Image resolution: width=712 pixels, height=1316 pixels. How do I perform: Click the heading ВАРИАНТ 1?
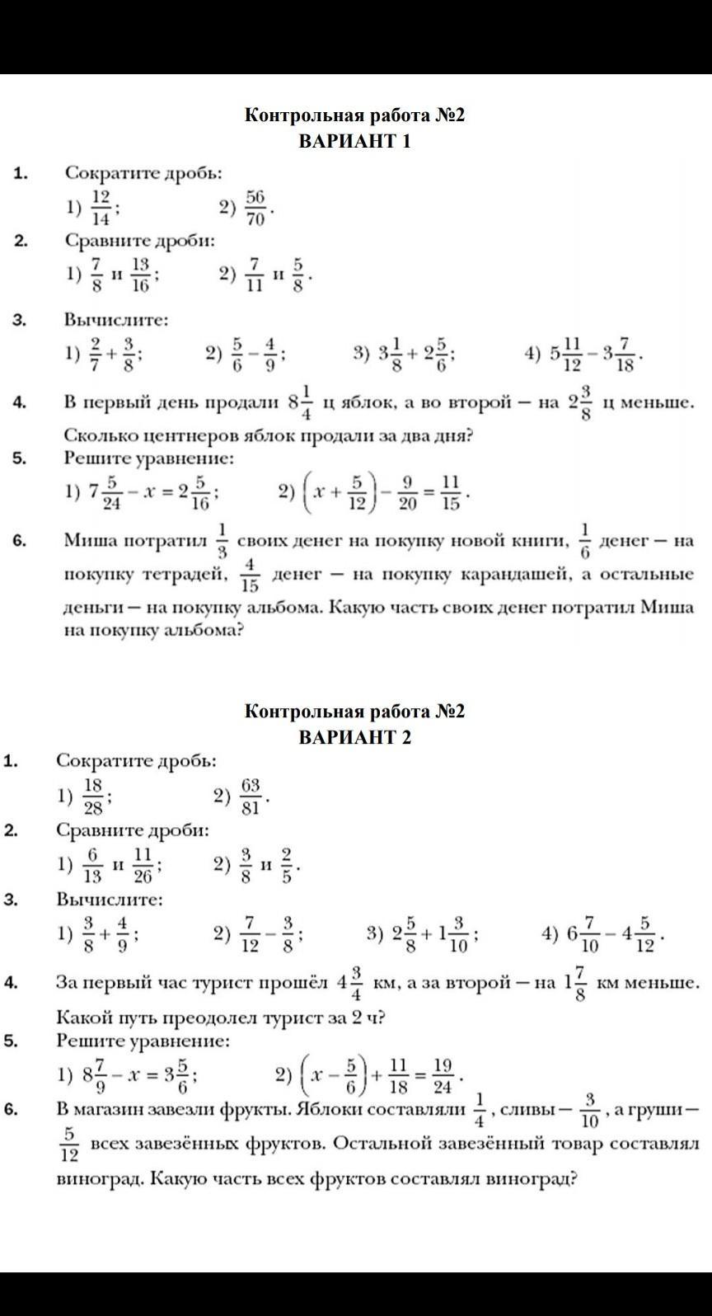click(x=354, y=141)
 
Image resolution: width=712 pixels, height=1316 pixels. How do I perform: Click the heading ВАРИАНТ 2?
click(x=354, y=736)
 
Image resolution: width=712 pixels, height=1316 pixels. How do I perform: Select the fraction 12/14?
click(x=101, y=207)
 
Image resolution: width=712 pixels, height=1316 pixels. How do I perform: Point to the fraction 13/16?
click(x=141, y=275)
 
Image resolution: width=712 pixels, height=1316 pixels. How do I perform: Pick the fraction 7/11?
click(x=253, y=275)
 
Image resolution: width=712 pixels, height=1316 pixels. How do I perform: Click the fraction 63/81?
click(x=251, y=797)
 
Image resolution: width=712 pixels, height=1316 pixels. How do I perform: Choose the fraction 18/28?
click(x=93, y=797)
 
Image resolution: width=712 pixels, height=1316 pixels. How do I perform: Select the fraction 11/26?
click(x=143, y=866)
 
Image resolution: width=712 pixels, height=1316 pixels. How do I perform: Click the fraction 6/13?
click(x=92, y=866)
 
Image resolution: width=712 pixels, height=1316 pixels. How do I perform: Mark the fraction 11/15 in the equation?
click(x=450, y=492)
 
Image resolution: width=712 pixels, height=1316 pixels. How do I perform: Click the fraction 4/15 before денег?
click(x=251, y=575)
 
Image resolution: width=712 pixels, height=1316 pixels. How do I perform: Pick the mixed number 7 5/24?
click(x=105, y=492)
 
